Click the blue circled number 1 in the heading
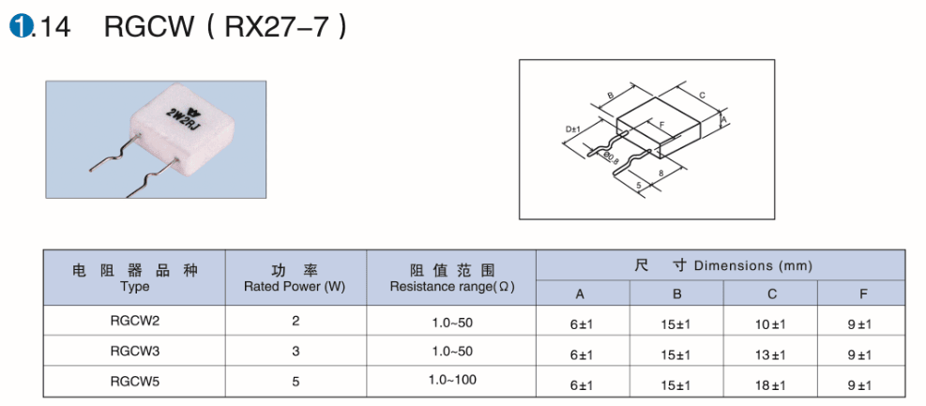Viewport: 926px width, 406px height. (20, 26)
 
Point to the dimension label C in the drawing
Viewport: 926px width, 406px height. (702, 95)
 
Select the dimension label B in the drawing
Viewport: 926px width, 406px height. (611, 95)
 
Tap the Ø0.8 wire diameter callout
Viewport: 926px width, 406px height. (610, 156)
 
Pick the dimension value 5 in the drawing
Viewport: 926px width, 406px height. (639, 185)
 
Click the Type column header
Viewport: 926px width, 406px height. (134, 287)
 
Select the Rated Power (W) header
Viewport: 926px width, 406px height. (296, 287)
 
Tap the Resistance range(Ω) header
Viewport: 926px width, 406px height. (452, 287)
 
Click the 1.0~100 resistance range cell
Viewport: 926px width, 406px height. (452, 380)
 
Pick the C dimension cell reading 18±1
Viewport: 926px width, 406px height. (770, 385)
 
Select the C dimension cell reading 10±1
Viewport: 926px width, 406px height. (770, 324)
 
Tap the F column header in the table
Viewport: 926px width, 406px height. (863, 293)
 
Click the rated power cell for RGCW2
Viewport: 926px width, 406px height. (296, 321)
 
